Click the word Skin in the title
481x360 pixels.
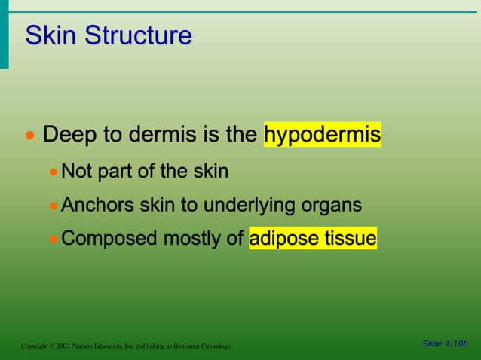pyautogui.click(x=51, y=35)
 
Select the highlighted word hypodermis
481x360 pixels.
pyautogui.click(x=322, y=136)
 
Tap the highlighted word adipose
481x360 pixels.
pyautogui.click(x=284, y=239)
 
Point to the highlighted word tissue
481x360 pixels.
pyautogui.click(x=350, y=239)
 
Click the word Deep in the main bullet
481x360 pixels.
pyautogui.click(x=70, y=136)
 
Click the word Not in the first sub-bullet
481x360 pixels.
pyautogui.click(x=76, y=172)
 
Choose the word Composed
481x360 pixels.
pyautogui.click(x=105, y=239)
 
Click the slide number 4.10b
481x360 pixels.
pyautogui.click(x=455, y=343)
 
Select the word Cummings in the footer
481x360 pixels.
pyautogui.click(x=214, y=346)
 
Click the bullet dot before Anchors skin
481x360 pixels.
pyautogui.click(x=53, y=206)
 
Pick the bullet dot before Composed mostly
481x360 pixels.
pyautogui.click(x=53, y=239)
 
